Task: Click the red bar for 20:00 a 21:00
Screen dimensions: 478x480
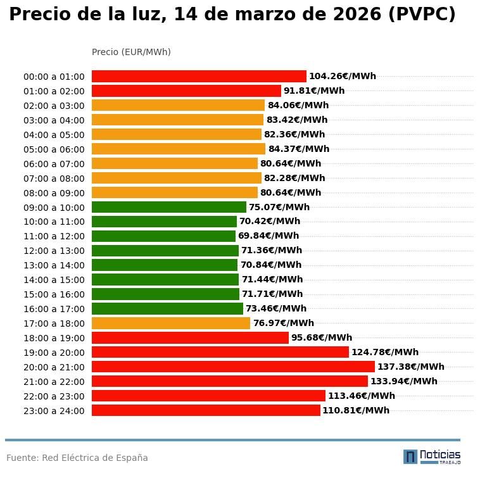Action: pos(233,367)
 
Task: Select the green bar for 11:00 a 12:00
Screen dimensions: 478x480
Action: pos(163,236)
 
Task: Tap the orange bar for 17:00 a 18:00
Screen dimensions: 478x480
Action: pos(171,324)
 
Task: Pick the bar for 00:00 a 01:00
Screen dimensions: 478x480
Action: pos(199,77)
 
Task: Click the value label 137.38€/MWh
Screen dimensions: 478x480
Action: pos(410,367)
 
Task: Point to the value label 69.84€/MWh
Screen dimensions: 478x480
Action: pos(268,236)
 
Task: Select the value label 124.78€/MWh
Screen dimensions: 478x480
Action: pos(385,353)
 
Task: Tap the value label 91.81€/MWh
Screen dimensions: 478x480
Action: pos(314,91)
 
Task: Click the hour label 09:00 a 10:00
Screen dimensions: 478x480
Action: pos(54,208)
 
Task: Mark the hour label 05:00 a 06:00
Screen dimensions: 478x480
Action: pos(54,149)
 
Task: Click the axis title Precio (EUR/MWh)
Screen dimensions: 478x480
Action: pos(131,52)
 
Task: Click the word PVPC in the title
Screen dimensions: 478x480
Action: pos(421,15)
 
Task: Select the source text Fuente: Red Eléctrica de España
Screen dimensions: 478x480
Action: pos(77,458)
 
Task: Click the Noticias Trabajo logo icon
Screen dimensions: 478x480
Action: pos(410,456)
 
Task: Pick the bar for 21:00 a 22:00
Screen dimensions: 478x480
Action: pos(230,381)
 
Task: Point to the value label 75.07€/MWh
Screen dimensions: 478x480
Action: pos(279,208)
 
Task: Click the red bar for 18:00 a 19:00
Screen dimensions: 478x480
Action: pos(190,338)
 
